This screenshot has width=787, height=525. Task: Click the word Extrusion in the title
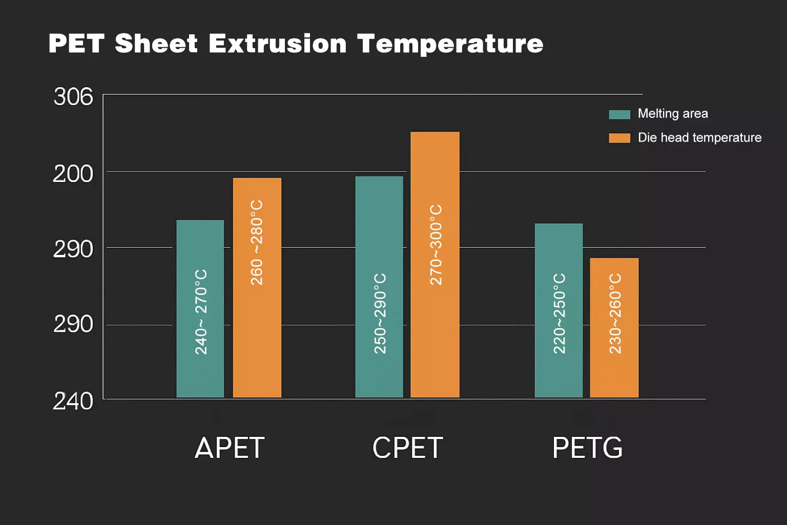click(277, 44)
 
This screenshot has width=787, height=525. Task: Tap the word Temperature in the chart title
click(450, 44)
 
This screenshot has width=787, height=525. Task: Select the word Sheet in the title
click(156, 44)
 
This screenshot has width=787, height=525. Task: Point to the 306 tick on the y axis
click(73, 97)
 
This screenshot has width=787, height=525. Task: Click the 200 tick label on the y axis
click(73, 174)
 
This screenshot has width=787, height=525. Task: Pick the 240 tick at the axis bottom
click(73, 401)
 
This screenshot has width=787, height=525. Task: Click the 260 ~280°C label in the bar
click(257, 243)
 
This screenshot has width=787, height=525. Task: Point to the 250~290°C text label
click(380, 313)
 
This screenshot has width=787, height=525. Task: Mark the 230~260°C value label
click(615, 313)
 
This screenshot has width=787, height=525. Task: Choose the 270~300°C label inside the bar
click(436, 245)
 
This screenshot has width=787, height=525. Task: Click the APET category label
click(230, 448)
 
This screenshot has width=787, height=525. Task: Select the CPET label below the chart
click(407, 448)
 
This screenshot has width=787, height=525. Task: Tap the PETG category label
click(587, 448)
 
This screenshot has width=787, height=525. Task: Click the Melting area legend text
click(672, 114)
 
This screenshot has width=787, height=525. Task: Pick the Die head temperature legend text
click(699, 138)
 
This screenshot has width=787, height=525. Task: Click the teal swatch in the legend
click(619, 114)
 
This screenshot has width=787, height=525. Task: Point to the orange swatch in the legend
click(619, 138)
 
